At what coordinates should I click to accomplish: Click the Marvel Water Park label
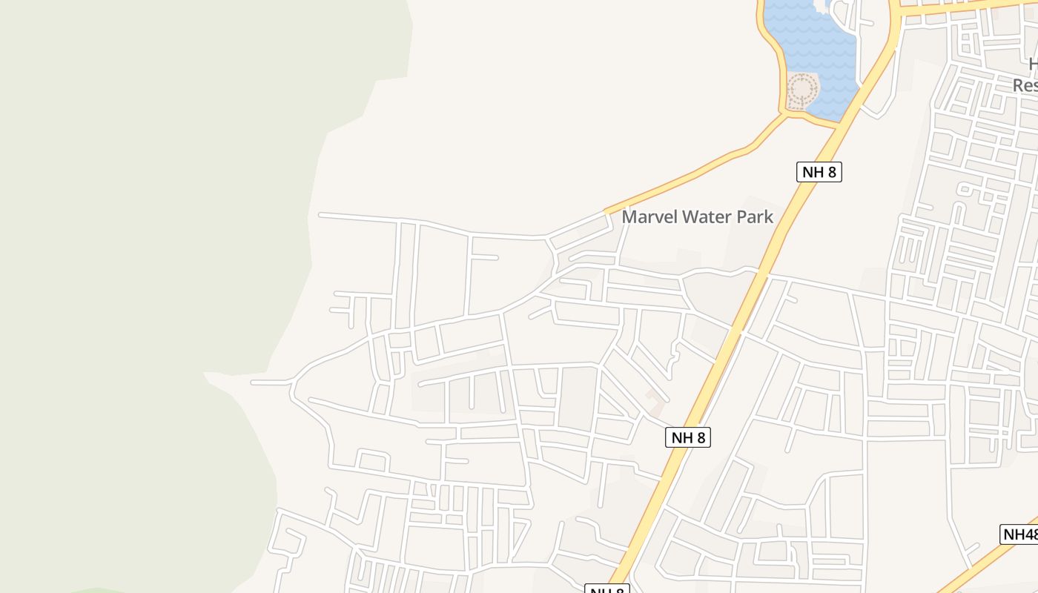pos(697,217)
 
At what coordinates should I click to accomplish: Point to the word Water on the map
pos(704,217)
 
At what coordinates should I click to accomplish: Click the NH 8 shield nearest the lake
pos(819,172)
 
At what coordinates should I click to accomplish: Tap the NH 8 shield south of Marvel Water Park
pos(688,437)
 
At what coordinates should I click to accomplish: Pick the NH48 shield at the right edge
pos(1019,534)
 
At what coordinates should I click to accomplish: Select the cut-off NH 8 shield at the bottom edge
pos(608,589)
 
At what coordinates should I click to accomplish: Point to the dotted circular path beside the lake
pos(802,91)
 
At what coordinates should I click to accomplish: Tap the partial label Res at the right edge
pos(1025,85)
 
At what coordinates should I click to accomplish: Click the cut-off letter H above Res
pos(1033,64)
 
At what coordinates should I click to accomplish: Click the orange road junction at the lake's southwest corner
pos(784,113)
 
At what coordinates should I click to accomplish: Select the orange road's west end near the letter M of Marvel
pos(607,211)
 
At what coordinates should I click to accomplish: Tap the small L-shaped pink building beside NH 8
pos(653,401)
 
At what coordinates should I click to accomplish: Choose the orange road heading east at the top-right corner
pos(964,7)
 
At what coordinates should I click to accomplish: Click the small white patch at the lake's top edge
pos(821,6)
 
